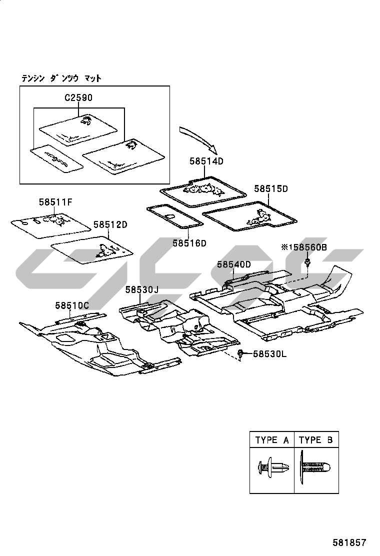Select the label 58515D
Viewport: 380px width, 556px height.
(x=271, y=189)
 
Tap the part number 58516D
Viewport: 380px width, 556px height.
(x=189, y=243)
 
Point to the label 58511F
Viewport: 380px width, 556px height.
(x=56, y=202)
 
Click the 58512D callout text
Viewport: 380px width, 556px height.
(x=110, y=225)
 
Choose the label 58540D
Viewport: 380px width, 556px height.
(x=233, y=264)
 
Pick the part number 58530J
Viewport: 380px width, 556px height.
(x=141, y=289)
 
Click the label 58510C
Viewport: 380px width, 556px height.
(x=72, y=305)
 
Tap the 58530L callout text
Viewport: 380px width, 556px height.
(x=269, y=354)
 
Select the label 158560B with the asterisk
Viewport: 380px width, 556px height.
(x=303, y=247)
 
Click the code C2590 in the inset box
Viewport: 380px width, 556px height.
(x=78, y=98)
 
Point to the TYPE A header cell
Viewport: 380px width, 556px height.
(x=272, y=440)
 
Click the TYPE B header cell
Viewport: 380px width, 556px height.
(x=316, y=440)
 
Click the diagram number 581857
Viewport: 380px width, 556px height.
(x=350, y=542)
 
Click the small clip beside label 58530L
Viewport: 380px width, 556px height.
(x=240, y=354)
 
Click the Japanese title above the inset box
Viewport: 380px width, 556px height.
(x=61, y=78)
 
